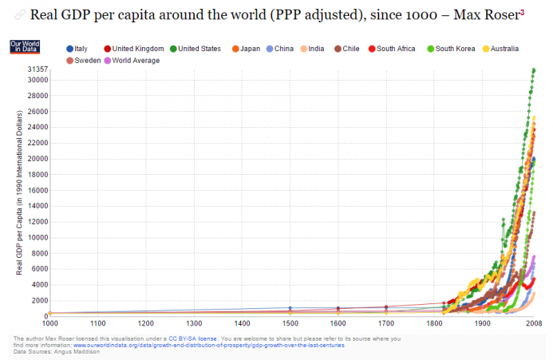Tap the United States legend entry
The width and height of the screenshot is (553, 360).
pyautogui.click(x=199, y=49)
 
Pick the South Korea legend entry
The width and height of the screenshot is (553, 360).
pyautogui.click(x=455, y=49)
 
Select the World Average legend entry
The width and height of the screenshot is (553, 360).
pyautogui.click(x=136, y=60)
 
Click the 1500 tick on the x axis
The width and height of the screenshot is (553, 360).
pyautogui.click(x=290, y=323)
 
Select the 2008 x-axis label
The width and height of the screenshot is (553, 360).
pyautogui.click(x=533, y=323)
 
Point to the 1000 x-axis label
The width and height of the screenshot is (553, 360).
pyautogui.click(x=50, y=323)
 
